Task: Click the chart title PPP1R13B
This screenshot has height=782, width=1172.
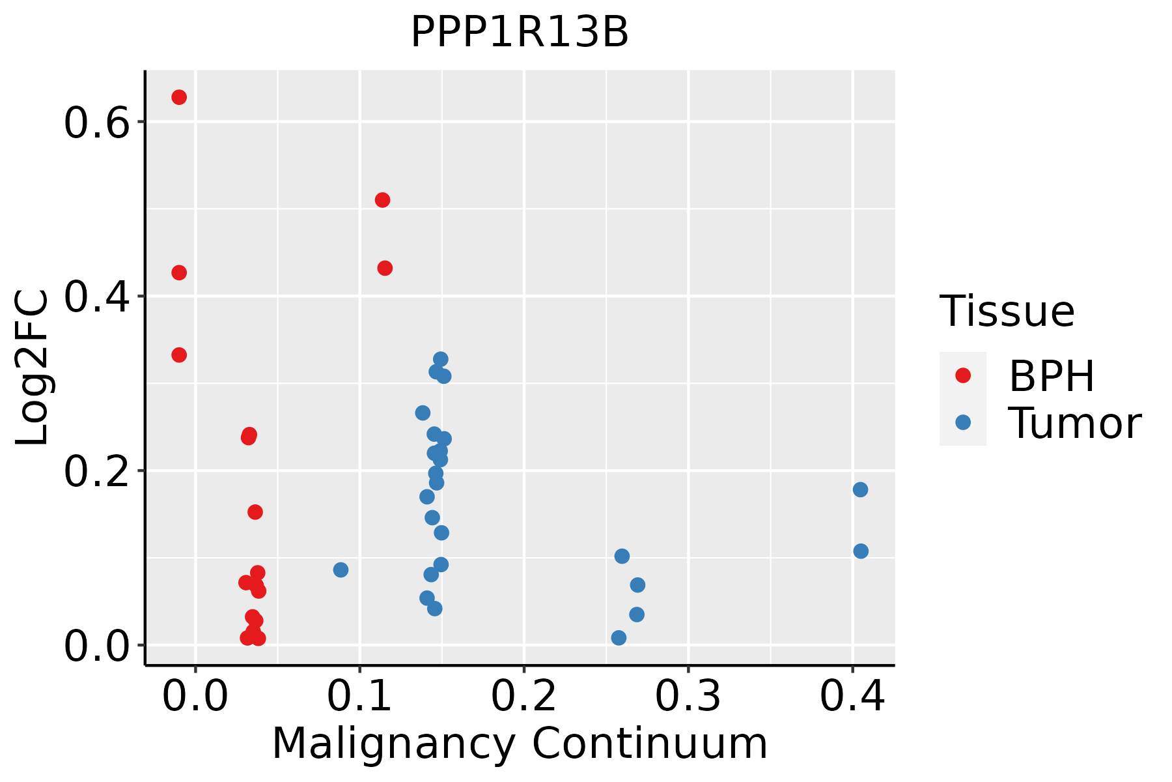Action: pyautogui.click(x=520, y=33)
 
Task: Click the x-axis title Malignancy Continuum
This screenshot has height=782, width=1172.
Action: pyautogui.click(x=520, y=744)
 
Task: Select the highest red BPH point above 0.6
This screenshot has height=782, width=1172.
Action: pyautogui.click(x=179, y=97)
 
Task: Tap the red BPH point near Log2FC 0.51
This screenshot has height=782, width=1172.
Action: pyautogui.click(x=382, y=200)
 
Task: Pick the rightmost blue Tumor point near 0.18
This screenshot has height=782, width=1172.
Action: pyautogui.click(x=860, y=489)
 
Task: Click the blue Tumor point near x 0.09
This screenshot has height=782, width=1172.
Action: pyautogui.click(x=341, y=570)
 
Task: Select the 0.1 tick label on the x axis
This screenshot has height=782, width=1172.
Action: pyautogui.click(x=359, y=697)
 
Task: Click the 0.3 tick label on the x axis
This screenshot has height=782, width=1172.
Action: pyautogui.click(x=688, y=697)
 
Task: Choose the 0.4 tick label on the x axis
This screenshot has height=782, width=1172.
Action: pyautogui.click(x=852, y=697)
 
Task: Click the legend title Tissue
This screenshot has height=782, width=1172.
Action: pyautogui.click(x=1007, y=311)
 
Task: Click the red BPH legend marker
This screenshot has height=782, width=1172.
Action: pyautogui.click(x=962, y=375)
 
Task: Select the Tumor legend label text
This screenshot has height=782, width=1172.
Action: pyautogui.click(x=1074, y=424)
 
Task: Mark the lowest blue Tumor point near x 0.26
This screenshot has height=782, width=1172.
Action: pyautogui.click(x=619, y=637)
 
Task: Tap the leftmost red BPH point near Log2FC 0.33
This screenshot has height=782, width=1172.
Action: pyautogui.click(x=179, y=355)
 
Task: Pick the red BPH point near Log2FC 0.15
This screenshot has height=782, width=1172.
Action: pyautogui.click(x=255, y=512)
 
